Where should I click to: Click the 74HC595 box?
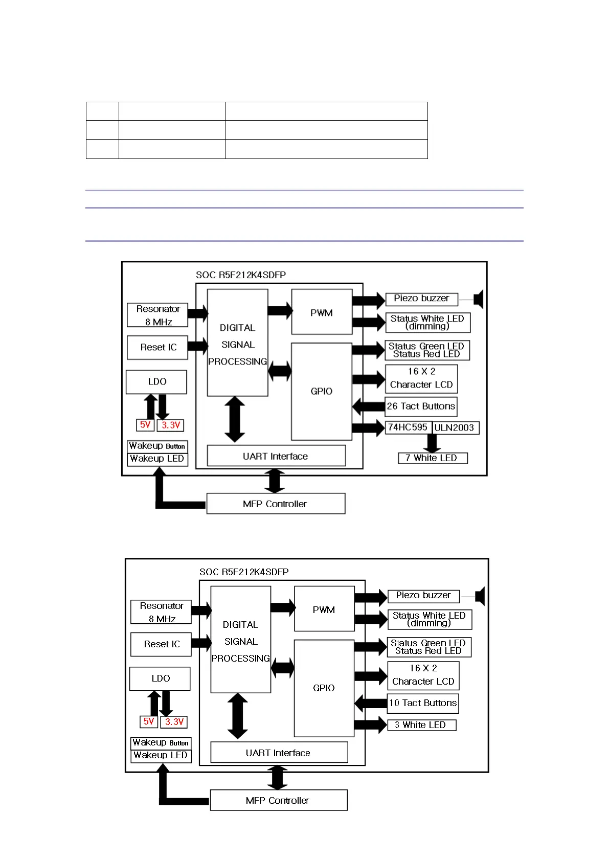click(409, 427)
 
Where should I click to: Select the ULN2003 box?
click(456, 428)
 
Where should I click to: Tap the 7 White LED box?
click(433, 458)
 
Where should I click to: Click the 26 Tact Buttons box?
click(421, 406)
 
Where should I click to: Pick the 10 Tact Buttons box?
click(423, 703)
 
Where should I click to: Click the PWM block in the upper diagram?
click(322, 312)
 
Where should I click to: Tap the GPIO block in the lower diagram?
click(324, 688)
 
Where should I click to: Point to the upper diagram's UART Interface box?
click(276, 456)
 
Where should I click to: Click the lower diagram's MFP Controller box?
click(278, 800)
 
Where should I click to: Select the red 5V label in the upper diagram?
click(145, 425)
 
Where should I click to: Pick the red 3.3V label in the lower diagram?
click(174, 722)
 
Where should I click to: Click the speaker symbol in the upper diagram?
click(479, 299)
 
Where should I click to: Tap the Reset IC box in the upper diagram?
click(157, 347)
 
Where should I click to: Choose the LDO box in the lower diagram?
click(160, 678)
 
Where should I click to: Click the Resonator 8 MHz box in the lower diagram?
click(161, 612)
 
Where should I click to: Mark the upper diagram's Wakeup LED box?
click(157, 459)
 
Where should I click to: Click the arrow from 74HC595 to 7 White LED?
click(432, 443)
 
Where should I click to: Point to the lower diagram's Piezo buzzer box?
click(423, 596)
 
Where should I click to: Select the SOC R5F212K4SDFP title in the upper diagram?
click(241, 275)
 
